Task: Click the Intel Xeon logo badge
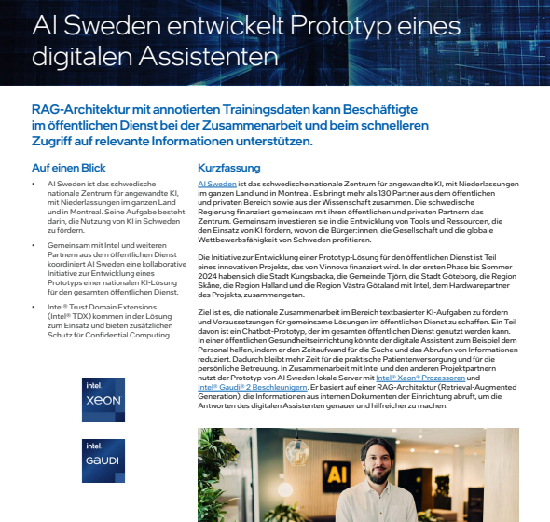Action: click(103, 402)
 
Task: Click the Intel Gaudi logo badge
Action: click(103, 460)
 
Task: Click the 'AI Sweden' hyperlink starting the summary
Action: click(213, 184)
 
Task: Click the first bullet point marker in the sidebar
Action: click(36, 184)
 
